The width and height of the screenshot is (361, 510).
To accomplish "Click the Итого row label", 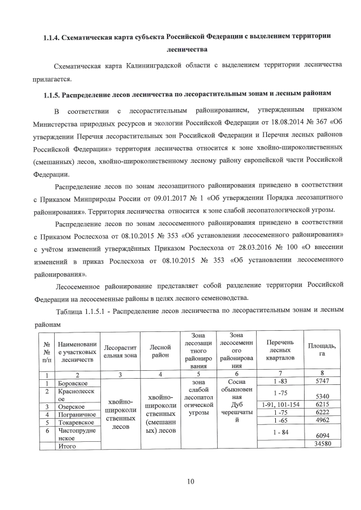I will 67,446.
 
